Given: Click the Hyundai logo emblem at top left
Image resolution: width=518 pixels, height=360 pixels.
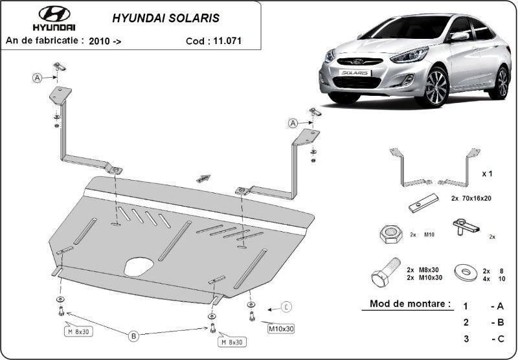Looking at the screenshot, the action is [54, 14].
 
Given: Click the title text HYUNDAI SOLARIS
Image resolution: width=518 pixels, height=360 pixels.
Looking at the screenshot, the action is [166, 18].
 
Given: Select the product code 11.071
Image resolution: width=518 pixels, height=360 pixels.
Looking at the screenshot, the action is [227, 41].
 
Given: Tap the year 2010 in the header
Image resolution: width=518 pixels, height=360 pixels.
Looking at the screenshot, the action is [99, 41].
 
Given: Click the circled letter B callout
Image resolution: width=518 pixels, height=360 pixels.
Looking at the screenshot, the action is [133, 337].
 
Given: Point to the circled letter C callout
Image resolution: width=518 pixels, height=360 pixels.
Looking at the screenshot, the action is [286, 307].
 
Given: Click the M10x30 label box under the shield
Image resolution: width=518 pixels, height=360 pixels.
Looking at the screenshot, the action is [281, 329].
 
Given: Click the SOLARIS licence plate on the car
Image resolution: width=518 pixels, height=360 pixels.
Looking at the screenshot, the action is [355, 73].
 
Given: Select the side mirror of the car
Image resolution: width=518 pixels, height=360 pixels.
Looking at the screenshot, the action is [459, 36].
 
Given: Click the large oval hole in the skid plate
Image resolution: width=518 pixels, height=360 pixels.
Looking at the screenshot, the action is [139, 266].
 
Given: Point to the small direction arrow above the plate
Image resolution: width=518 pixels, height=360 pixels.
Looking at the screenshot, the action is [203, 178].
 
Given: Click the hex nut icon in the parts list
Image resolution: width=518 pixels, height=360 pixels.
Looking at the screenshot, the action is [391, 234].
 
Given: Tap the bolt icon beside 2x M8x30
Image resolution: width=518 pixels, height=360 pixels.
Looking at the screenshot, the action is [386, 273].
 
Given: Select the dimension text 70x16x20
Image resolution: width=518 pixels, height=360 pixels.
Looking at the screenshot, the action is [476, 198].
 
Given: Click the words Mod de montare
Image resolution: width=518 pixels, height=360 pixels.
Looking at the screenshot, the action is [410, 304].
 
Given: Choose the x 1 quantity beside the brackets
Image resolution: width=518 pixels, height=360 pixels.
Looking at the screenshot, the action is [487, 174].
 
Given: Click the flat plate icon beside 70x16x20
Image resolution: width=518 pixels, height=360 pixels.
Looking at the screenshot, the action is [423, 203].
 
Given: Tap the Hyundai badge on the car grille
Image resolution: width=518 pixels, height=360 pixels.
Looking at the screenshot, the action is [357, 62].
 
